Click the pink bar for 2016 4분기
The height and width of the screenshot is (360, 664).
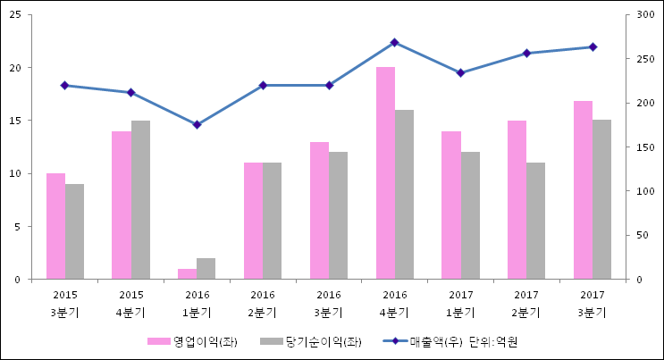pos(385,173)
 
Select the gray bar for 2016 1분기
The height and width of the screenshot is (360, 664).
pos(206,269)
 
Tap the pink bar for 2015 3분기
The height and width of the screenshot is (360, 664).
pos(55,226)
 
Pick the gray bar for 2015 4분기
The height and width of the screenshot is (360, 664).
pos(140,200)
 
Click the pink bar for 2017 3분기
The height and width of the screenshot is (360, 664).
pos(583,190)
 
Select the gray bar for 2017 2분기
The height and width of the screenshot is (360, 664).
pos(535,221)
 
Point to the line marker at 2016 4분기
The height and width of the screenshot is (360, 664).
pos(394,42)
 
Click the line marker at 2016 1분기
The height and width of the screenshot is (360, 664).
pos(197,124)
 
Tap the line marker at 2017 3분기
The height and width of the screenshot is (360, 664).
pos(593,46)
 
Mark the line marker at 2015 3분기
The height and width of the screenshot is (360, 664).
pos(64,85)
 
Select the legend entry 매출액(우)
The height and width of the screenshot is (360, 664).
pos(433,341)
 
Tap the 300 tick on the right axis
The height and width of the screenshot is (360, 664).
pos(639,15)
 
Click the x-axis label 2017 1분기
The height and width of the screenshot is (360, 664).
pos(460,303)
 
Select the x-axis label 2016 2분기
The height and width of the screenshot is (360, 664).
pos(263,303)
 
